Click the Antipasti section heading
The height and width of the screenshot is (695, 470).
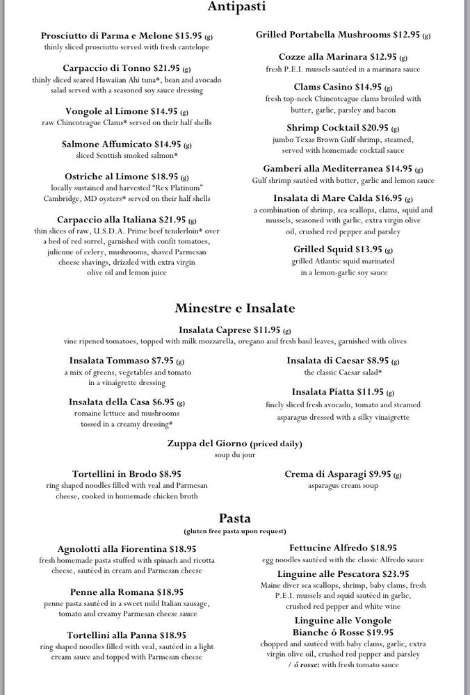(x=236, y=8)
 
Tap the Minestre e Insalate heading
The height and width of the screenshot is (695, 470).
(x=235, y=308)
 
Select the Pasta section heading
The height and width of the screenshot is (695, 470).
(x=235, y=517)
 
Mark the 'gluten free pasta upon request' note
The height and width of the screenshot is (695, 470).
(x=235, y=531)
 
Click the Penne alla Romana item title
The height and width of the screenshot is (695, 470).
(x=112, y=591)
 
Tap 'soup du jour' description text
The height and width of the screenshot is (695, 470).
(x=236, y=455)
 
